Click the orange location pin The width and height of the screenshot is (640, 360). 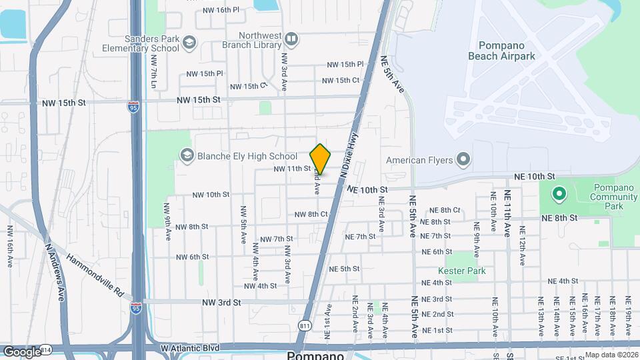320,159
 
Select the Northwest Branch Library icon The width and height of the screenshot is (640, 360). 291,39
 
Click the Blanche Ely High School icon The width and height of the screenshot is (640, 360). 187,156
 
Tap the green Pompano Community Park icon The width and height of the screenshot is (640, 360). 558,195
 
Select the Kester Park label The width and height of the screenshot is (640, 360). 462,271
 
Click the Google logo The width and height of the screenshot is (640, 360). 21,351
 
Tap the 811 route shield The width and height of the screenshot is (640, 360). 305,325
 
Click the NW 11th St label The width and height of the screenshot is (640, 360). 292,169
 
